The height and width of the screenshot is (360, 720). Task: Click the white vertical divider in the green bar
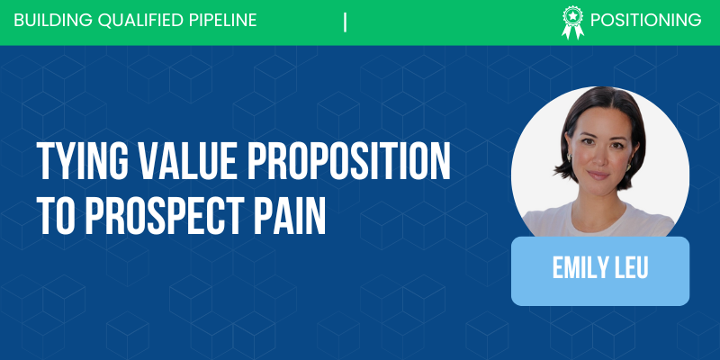click(x=346, y=22)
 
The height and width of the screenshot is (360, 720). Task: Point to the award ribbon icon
click(x=571, y=22)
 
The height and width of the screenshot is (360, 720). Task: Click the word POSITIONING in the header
click(x=645, y=21)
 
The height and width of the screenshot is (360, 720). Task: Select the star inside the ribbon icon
click(x=571, y=15)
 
